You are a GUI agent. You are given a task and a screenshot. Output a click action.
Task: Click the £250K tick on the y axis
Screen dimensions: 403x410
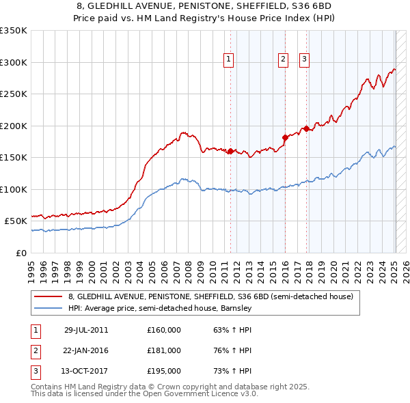[14, 94]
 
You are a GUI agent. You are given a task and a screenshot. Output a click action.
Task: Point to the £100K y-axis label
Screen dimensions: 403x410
[14, 189]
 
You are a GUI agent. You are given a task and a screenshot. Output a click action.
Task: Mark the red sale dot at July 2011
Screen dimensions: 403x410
[231, 151]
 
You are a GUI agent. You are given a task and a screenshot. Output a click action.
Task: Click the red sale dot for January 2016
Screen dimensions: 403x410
[285, 137]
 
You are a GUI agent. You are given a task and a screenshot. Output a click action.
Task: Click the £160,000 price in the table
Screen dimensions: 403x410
[163, 330]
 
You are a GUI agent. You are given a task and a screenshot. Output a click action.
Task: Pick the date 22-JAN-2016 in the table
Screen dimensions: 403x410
[86, 350]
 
